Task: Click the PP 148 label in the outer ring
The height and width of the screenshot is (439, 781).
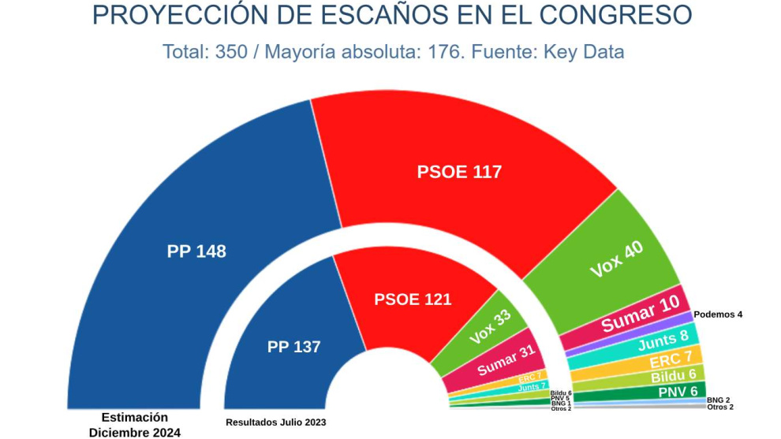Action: pyautogui.click(x=196, y=251)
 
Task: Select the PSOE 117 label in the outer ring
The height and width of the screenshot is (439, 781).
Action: pyautogui.click(x=459, y=172)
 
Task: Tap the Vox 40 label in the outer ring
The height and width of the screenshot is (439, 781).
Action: pyautogui.click(x=616, y=259)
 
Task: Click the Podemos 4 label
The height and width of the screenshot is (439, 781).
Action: pyautogui.click(x=718, y=314)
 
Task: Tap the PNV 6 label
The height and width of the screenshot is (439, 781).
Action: pyautogui.click(x=678, y=392)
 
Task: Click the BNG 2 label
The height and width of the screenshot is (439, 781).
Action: pyautogui.click(x=719, y=400)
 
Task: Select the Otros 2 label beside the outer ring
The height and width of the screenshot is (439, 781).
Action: pyautogui.click(x=720, y=407)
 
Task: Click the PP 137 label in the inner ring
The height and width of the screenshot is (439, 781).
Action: pyautogui.click(x=293, y=347)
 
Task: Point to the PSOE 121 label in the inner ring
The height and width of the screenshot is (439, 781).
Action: pyautogui.click(x=413, y=299)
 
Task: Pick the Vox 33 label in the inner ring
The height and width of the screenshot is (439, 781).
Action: pyautogui.click(x=490, y=326)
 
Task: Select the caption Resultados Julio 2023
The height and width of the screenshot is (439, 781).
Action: pyautogui.click(x=276, y=422)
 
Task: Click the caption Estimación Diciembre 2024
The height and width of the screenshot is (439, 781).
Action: pyautogui.click(x=135, y=425)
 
